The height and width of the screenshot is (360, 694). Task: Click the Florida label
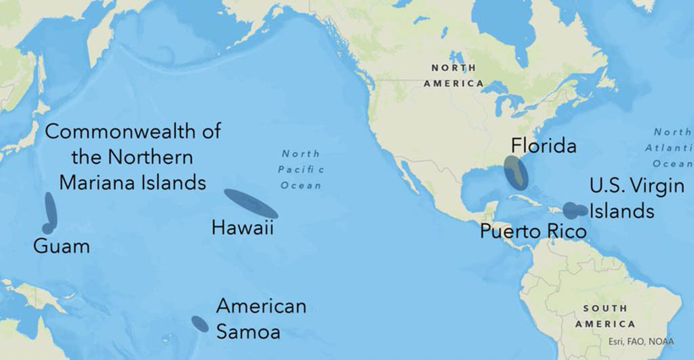[544, 146]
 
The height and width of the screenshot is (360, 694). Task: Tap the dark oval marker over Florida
[515, 172]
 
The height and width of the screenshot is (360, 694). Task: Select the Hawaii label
[242, 228]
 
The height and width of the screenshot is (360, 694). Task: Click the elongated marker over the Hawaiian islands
[250, 203]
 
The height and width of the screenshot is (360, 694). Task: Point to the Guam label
[61, 245]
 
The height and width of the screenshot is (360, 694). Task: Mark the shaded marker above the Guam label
[49, 211]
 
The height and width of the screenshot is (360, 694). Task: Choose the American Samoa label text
[261, 319]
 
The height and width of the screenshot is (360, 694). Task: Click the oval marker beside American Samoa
[200, 324]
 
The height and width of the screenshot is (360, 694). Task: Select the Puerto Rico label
[533, 231]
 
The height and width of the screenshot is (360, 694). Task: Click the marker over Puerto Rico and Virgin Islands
[575, 210]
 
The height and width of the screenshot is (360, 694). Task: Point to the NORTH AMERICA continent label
[453, 75]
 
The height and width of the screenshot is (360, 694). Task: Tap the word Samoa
[248, 332]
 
